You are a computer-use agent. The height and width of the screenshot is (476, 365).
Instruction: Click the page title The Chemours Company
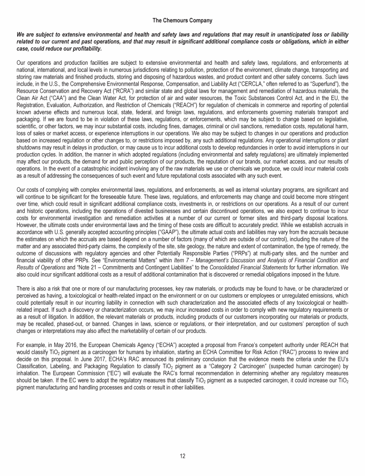pos(182,20)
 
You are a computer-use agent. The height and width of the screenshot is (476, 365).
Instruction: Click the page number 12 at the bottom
pos(182,456)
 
